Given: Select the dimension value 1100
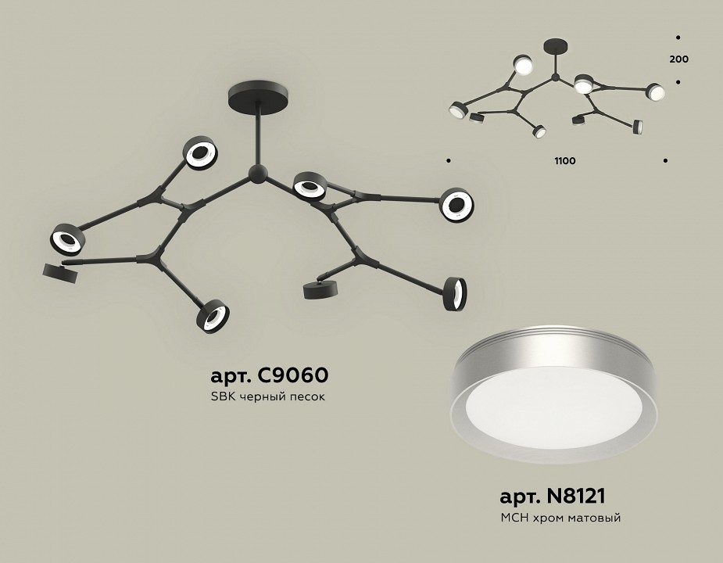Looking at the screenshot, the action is click(x=565, y=160).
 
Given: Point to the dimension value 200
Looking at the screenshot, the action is click(x=678, y=59).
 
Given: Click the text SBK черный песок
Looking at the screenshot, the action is click(x=268, y=396).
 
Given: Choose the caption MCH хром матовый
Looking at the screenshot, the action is click(x=560, y=518).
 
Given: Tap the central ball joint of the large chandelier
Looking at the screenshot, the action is click(x=258, y=174).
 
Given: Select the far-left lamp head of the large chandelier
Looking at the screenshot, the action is click(x=68, y=239).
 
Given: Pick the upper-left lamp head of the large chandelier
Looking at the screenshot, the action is click(x=200, y=152).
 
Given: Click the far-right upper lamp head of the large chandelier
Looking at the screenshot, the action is click(x=457, y=205).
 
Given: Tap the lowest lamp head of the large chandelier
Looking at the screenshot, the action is click(x=213, y=317).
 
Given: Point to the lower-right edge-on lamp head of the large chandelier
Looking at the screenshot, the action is click(x=455, y=293).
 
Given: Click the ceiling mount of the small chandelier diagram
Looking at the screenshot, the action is click(x=556, y=46).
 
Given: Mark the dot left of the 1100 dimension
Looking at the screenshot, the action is click(x=449, y=160).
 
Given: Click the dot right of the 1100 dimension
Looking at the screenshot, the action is click(x=665, y=160).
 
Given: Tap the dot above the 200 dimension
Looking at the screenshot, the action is click(x=678, y=38).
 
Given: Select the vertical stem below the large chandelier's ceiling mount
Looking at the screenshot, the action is click(x=259, y=134).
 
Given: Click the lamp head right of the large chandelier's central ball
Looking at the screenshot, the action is click(x=309, y=185).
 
